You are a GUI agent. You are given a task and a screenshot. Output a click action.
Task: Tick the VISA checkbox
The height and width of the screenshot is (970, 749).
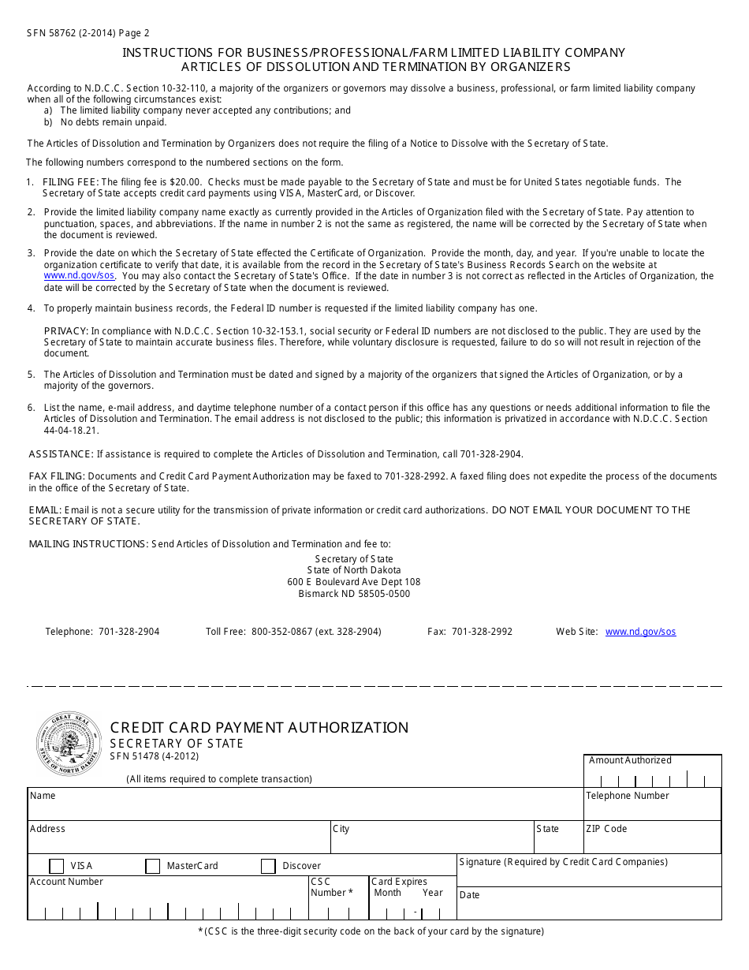click(57, 866)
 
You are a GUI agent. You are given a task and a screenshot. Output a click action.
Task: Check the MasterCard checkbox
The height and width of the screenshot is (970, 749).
click(153, 866)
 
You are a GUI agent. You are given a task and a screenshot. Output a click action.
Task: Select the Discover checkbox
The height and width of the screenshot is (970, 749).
click(268, 866)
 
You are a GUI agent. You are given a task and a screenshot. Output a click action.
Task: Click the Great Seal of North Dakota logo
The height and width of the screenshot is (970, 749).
click(69, 744)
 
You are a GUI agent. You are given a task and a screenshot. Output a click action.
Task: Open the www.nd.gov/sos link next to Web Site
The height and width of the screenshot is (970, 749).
click(640, 632)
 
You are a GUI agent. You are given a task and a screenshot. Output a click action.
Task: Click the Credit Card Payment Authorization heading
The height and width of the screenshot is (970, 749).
click(259, 727)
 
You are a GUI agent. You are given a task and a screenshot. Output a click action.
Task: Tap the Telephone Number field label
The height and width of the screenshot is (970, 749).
click(628, 796)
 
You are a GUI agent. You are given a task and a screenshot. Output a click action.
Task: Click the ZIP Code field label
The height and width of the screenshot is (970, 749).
click(606, 829)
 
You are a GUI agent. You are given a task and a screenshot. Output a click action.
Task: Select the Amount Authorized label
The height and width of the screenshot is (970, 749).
click(630, 760)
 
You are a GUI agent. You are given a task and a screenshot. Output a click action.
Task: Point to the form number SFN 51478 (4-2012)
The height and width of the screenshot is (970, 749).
click(155, 757)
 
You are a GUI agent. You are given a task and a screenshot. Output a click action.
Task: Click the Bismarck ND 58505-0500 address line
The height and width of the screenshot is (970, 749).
click(354, 594)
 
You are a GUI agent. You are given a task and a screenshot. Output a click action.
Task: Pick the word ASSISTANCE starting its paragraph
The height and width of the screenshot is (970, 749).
click(61, 454)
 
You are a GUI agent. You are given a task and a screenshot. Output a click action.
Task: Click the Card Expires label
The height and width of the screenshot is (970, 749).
click(399, 882)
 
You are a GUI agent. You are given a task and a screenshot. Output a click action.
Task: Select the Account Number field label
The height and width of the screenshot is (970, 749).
click(66, 882)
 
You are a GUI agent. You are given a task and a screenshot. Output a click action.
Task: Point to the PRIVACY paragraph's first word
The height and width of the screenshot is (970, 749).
click(65, 331)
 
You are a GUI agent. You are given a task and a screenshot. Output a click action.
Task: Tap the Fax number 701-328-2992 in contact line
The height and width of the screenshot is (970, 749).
click(482, 632)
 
